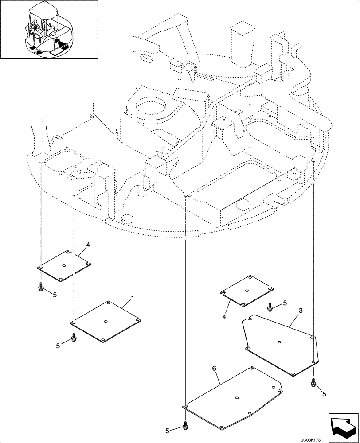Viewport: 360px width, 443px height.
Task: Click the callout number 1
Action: (x=133, y=299)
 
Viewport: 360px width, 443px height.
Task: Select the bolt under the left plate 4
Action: (x=40, y=288)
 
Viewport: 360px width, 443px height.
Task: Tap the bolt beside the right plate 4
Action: (x=270, y=307)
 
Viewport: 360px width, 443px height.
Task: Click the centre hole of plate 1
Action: (x=106, y=322)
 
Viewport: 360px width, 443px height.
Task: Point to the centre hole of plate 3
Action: (x=278, y=342)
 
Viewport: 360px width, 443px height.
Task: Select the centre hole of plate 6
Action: (x=238, y=397)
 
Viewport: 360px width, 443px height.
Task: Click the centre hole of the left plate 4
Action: (x=64, y=266)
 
